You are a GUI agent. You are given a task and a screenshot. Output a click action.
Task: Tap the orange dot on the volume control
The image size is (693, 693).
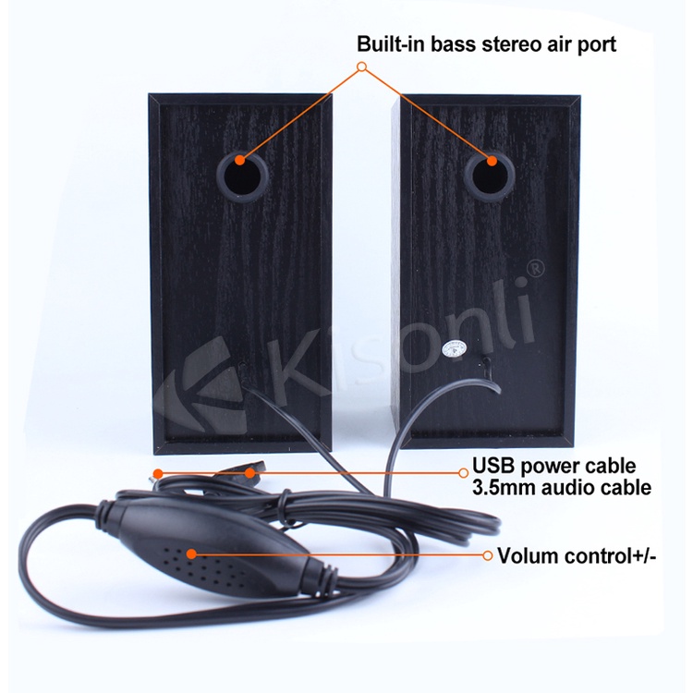pyautogui.click(x=191, y=554)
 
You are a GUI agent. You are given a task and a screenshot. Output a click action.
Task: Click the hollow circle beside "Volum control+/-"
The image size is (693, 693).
pyautogui.click(x=487, y=555)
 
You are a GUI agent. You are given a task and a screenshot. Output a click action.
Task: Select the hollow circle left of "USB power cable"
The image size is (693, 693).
pyautogui.click(x=464, y=472)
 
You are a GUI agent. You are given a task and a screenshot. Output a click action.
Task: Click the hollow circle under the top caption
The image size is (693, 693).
pyautogui.click(x=362, y=67)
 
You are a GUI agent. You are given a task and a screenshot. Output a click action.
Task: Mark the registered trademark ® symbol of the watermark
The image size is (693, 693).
pyautogui.click(x=534, y=266)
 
